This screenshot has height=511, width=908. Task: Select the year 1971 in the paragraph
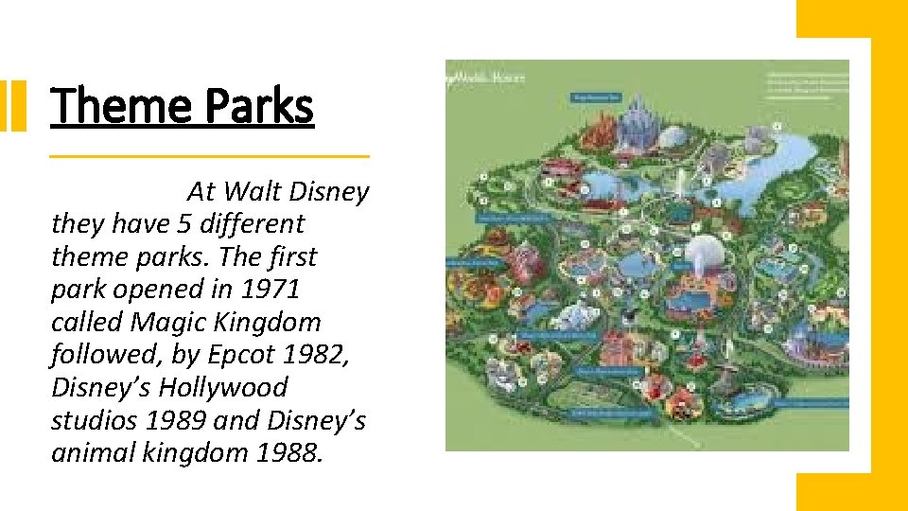pos(267,290)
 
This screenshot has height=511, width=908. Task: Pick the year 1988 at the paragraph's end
pos(289,453)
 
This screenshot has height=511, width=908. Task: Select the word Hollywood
pos(222,388)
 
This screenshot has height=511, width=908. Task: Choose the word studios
pos(94,420)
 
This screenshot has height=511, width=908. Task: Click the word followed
pos(99,355)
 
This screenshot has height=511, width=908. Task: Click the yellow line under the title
pos(208,156)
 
